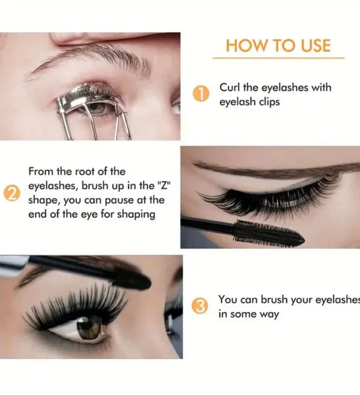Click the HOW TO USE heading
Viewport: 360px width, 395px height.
[278, 46]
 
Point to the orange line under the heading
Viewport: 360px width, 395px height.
[278, 58]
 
